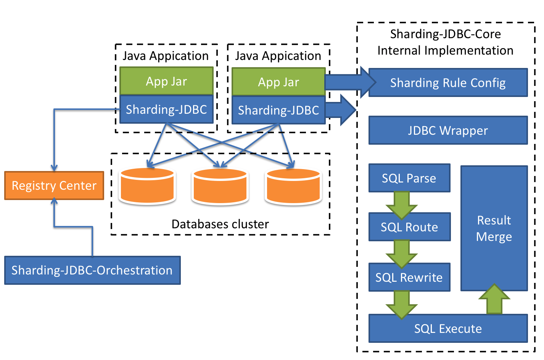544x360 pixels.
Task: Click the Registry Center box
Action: point(54,186)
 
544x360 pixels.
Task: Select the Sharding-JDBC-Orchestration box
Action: point(92,270)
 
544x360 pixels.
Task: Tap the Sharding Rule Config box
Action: point(448,83)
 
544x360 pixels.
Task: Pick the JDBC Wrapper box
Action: point(448,131)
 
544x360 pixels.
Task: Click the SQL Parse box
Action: point(409,178)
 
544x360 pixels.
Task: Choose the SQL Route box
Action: point(409,227)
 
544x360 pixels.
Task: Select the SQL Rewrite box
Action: point(409,277)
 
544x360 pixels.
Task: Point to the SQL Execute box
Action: point(448,328)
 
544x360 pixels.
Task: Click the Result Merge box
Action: point(494,228)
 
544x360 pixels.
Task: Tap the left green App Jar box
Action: point(166,81)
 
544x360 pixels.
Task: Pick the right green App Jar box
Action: point(278,82)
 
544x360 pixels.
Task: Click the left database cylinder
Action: point(147,186)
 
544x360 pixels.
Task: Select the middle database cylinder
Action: point(220,187)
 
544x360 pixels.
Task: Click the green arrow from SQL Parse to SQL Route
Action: point(401,204)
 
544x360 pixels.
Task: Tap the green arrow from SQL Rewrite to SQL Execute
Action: point(401,303)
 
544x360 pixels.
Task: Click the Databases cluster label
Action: point(220,224)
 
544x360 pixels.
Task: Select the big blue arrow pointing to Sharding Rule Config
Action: point(349,82)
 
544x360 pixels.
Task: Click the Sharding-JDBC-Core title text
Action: point(445,34)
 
